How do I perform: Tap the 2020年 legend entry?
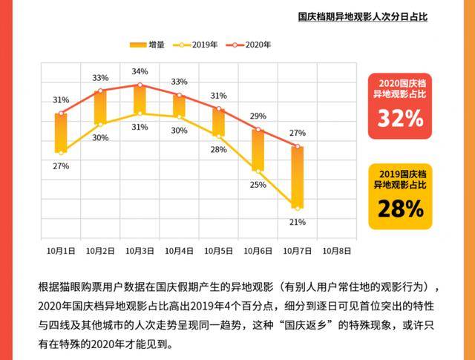coord(250,45)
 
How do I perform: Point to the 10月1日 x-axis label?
coord(61,251)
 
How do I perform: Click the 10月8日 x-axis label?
coord(337,251)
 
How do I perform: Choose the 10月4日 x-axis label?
coord(179,251)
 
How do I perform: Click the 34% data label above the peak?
coord(140,71)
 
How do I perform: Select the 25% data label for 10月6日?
coord(258,185)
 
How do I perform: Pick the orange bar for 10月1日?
coord(61,133)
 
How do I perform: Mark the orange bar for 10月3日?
coord(140,99)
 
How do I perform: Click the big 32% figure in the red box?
coord(401,118)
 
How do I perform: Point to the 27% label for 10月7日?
coord(298,133)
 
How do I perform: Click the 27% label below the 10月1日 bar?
coord(61,166)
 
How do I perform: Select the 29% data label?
coord(258,116)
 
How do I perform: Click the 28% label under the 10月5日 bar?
coord(218,149)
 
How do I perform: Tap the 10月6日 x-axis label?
coord(258,251)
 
